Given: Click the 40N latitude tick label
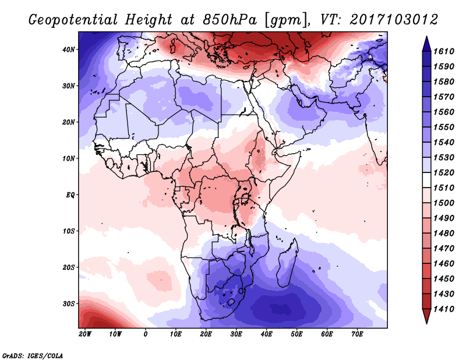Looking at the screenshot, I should [x=69, y=50].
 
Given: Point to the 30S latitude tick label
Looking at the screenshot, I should [x=69, y=303].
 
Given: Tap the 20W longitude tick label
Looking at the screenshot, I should [x=85, y=334].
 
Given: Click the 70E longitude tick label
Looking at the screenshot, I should [x=357, y=334].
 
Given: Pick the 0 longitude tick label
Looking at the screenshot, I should [x=146, y=334].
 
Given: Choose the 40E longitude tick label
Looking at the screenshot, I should [x=266, y=334].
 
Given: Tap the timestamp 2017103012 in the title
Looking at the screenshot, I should [x=394, y=19].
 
